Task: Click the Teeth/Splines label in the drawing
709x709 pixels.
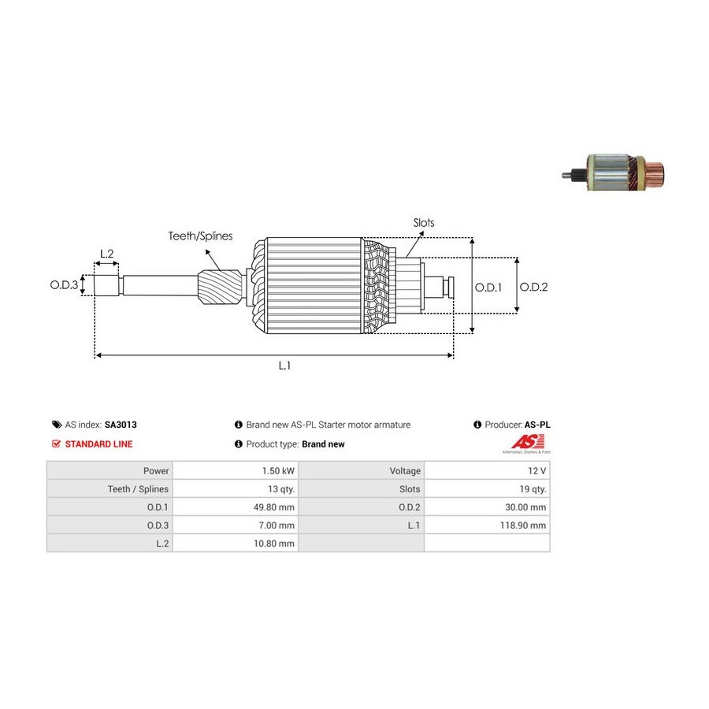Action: pos(200,236)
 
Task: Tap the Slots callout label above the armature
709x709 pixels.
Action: pos(424,223)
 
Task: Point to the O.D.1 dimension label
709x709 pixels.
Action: pos(488,288)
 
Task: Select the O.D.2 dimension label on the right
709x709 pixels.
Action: pos(533,288)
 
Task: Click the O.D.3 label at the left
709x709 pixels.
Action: pos(65,285)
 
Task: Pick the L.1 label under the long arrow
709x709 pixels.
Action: pos(284,366)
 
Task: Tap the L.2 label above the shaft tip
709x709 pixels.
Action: pos(106,254)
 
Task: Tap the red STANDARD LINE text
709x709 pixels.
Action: pos(98,444)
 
